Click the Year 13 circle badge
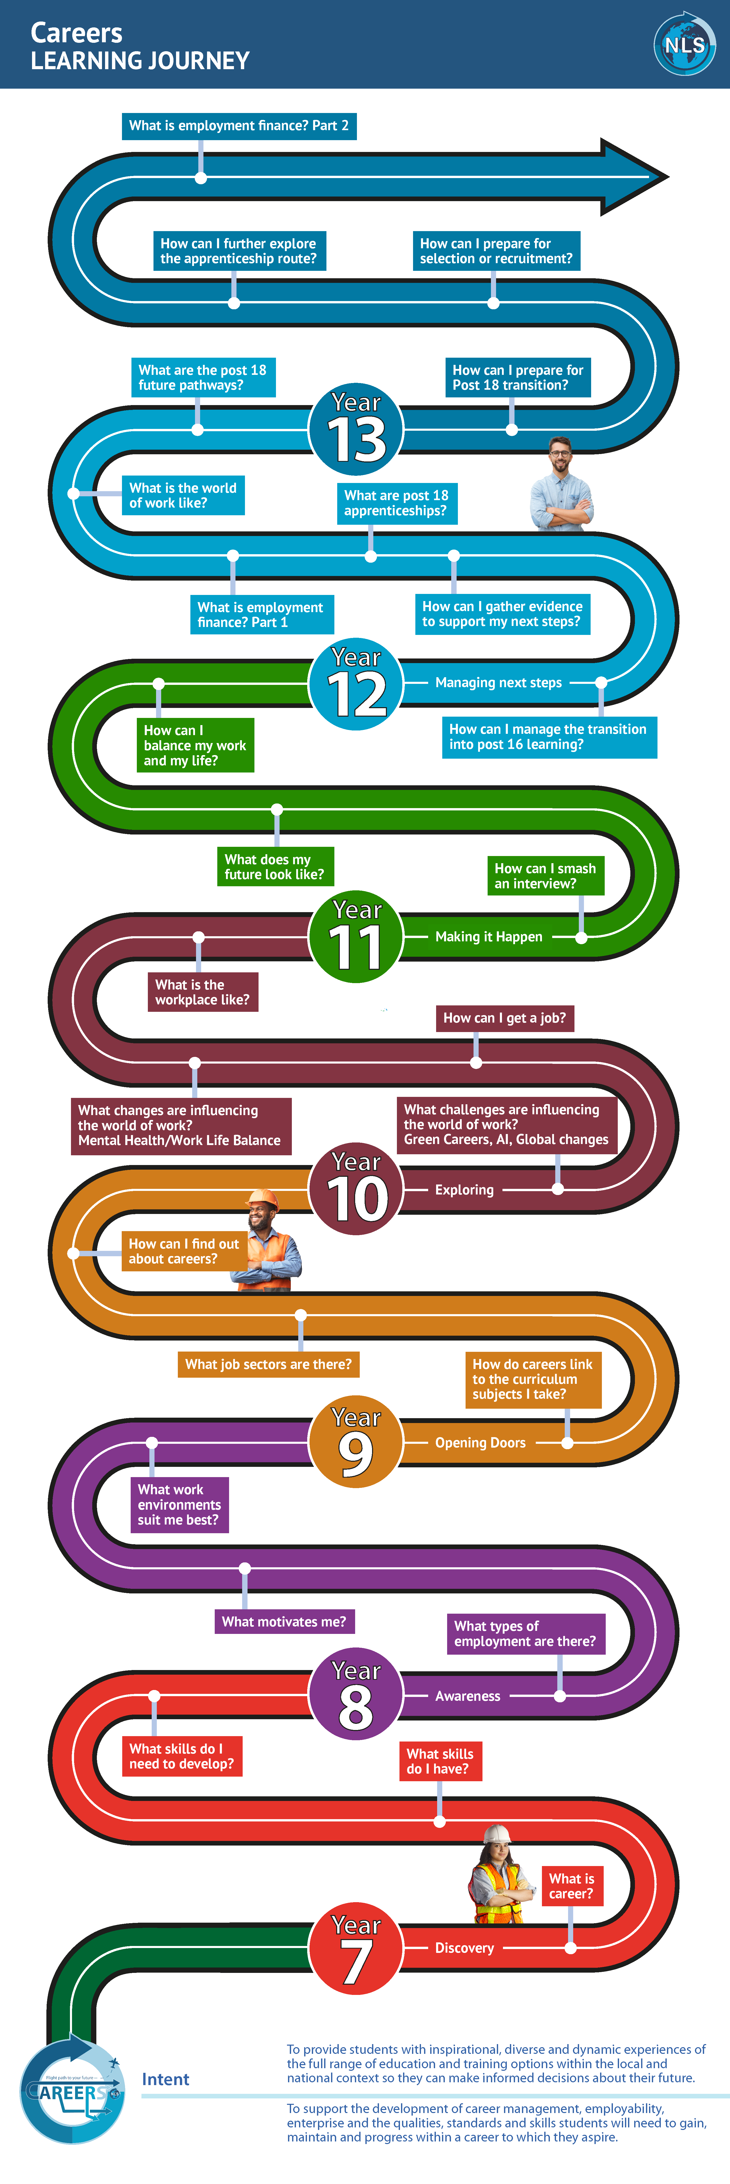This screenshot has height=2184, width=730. point(356,430)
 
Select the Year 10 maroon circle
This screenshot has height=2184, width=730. point(356,1190)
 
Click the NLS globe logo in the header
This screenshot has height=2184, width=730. point(684,44)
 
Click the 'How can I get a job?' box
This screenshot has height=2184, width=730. point(505,1018)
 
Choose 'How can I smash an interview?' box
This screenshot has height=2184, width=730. point(545,876)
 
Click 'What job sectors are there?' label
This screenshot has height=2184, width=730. point(268,1364)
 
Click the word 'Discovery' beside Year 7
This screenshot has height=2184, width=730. point(464,1948)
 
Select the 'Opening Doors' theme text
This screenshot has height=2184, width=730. point(480,1443)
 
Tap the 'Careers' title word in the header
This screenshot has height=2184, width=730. point(76,33)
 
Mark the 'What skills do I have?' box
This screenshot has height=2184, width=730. point(440,1761)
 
